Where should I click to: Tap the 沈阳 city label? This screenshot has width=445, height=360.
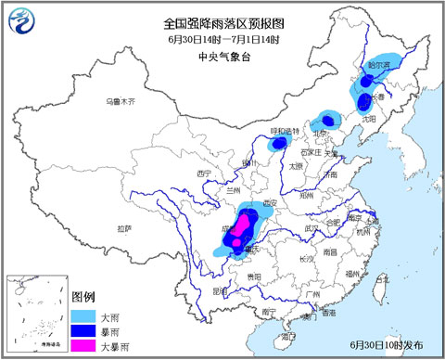click(x=371, y=119)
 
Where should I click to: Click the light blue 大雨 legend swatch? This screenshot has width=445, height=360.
click(x=83, y=315)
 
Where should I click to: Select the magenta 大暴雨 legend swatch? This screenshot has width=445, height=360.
click(x=83, y=344)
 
